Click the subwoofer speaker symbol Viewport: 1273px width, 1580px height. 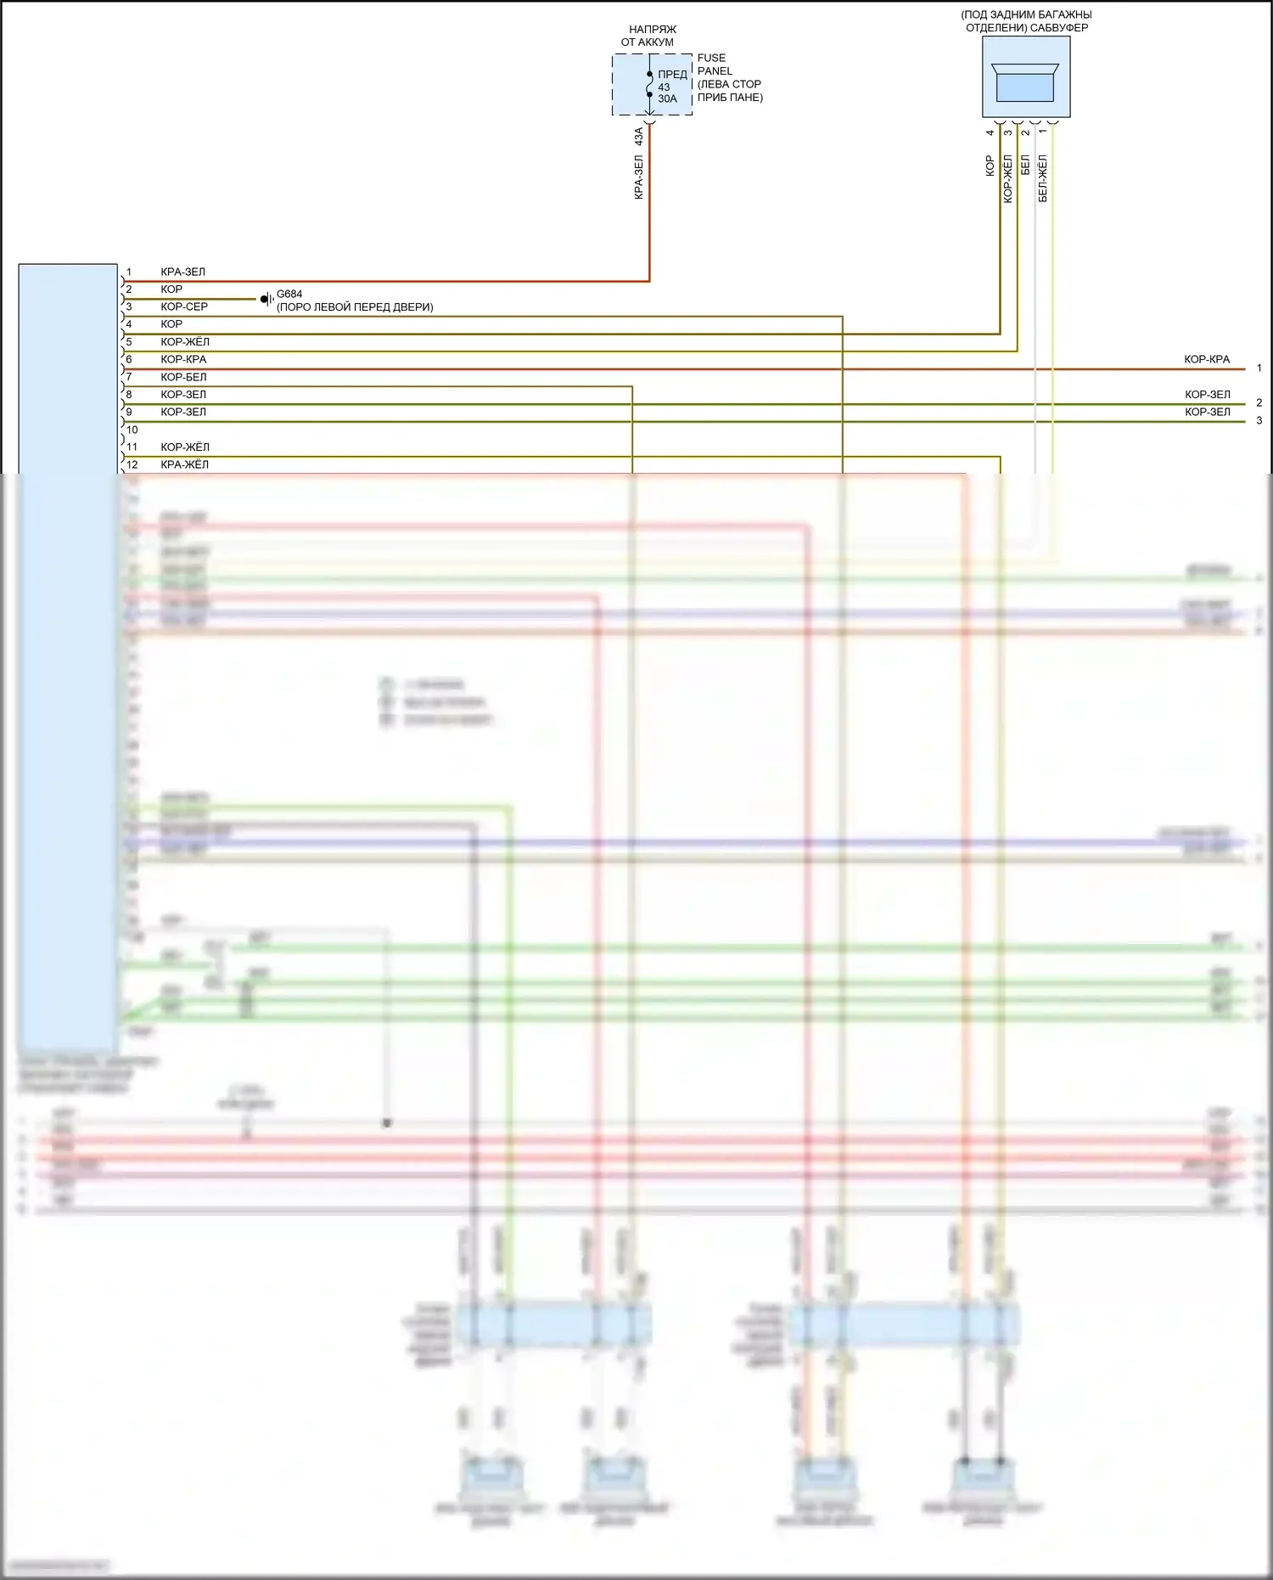click(1025, 82)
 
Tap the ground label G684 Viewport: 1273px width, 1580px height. click(289, 294)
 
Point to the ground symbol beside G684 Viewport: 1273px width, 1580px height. click(266, 299)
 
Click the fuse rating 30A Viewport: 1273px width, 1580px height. click(668, 99)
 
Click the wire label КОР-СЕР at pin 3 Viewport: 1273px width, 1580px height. click(184, 306)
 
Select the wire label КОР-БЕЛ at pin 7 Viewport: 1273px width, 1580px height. click(183, 377)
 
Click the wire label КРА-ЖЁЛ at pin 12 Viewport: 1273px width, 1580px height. click(184, 464)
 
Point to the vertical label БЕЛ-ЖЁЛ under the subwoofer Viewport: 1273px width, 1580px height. click(1043, 177)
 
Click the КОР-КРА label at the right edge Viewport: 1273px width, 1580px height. click(1207, 360)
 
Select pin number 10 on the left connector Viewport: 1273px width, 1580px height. click(132, 430)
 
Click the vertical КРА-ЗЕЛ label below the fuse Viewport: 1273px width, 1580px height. click(639, 177)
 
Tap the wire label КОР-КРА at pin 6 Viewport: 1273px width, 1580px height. click(183, 359)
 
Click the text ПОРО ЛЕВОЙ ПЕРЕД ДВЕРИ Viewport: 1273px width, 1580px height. click(355, 307)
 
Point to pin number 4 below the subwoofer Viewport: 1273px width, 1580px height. click(990, 132)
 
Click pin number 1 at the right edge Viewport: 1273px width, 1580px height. click(1259, 368)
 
